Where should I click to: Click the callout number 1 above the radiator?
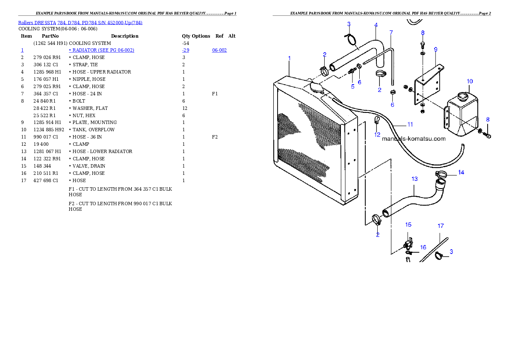pyautogui.click(x=290, y=58)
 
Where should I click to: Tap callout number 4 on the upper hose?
pyautogui.click(x=376, y=25)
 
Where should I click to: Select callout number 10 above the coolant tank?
pyautogui.click(x=469, y=81)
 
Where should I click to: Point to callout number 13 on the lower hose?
pyautogui.click(x=414, y=179)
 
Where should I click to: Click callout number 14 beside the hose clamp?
pyautogui.click(x=461, y=172)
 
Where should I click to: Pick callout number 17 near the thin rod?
pyautogui.click(x=441, y=226)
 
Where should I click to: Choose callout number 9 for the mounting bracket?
pyautogui.click(x=435, y=49)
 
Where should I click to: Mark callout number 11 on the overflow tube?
pyautogui.click(x=410, y=124)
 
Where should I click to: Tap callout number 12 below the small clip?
pyautogui.click(x=377, y=135)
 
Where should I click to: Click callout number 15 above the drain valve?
pyautogui.click(x=408, y=224)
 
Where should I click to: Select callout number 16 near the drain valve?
pyautogui.click(x=423, y=247)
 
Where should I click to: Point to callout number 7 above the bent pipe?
pyautogui.click(x=391, y=32)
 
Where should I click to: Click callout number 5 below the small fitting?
pyautogui.click(x=352, y=86)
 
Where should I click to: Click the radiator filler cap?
pyautogui.click(x=317, y=86)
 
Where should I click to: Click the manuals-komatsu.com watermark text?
pyautogui.click(x=413, y=139)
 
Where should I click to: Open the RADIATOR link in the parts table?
pyautogui.click(x=102, y=50)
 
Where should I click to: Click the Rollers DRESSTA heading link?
pyautogui.click(x=80, y=23)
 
